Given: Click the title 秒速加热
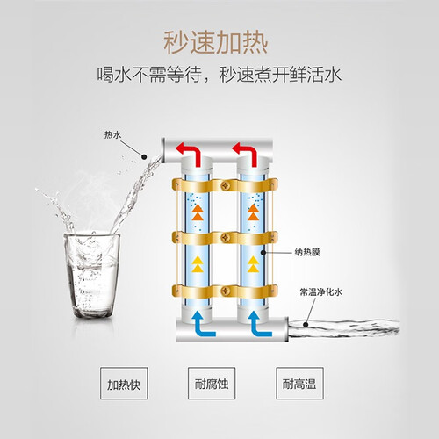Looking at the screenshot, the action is click(x=216, y=43).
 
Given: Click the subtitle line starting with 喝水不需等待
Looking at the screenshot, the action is click(x=219, y=75).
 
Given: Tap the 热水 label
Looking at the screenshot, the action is click(x=112, y=135).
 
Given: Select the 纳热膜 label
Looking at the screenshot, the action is click(x=307, y=252).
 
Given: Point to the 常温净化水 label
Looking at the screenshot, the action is click(x=320, y=291).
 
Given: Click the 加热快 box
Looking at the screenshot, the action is click(x=124, y=384).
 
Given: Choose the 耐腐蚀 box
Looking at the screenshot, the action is click(x=212, y=384).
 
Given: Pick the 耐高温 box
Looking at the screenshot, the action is click(x=299, y=384).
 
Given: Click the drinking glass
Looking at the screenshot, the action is click(x=91, y=275).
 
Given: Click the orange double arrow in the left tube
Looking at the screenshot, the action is click(x=198, y=212).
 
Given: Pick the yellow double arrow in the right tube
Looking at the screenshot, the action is click(x=253, y=264).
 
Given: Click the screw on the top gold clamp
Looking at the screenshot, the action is click(x=226, y=185).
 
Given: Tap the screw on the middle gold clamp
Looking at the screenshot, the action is click(x=226, y=238).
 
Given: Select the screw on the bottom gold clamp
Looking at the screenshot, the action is click(x=226, y=291).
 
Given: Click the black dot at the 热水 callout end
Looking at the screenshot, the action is click(x=144, y=157).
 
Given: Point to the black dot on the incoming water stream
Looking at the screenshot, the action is click(x=306, y=325).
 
